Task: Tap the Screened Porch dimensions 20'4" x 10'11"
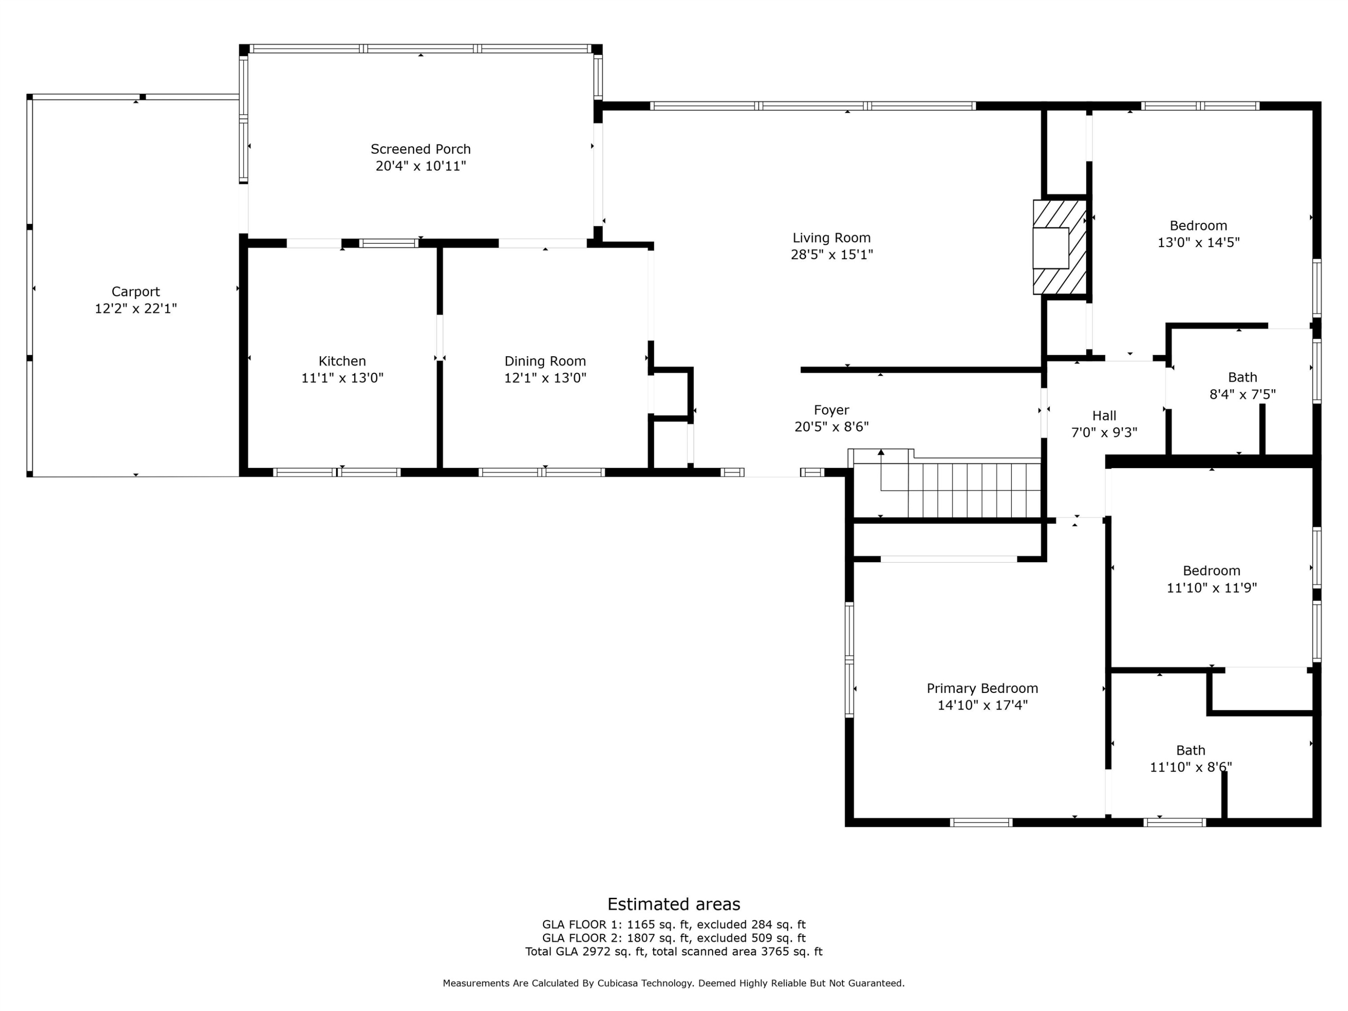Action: [421, 166]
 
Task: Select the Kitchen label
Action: [342, 361]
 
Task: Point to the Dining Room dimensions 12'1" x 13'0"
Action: [545, 378]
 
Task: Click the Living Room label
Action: [831, 238]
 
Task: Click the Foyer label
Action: [831, 410]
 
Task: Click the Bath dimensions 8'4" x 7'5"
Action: [1242, 394]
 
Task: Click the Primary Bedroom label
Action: [982, 688]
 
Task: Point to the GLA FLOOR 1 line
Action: [674, 924]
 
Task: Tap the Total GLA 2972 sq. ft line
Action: [674, 951]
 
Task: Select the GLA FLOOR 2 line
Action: [674, 938]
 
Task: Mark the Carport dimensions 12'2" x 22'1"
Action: [135, 308]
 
